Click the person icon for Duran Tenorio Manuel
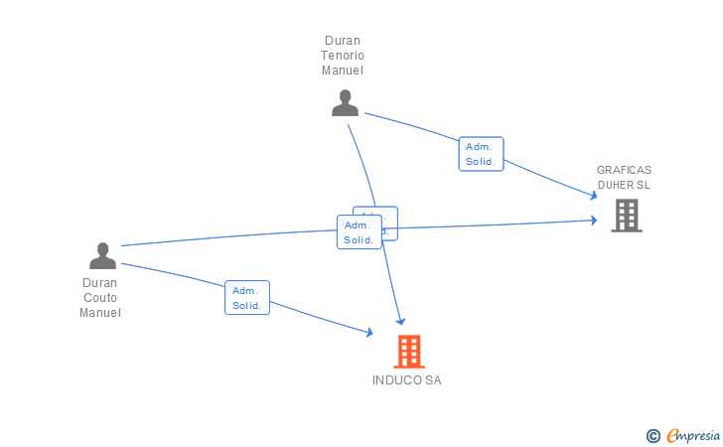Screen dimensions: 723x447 345,102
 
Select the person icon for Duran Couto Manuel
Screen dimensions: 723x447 102,255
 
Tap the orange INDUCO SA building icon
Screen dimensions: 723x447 408,351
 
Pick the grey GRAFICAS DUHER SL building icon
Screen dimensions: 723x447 626,215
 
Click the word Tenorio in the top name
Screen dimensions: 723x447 343,56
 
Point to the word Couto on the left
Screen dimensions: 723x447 100,297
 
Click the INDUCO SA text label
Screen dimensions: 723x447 407,380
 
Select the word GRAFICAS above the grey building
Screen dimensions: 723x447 624,170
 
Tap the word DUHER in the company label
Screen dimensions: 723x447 616,185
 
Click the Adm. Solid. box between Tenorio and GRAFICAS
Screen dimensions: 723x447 481,154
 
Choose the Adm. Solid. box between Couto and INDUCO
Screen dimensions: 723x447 246,298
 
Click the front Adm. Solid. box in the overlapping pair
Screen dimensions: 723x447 359,232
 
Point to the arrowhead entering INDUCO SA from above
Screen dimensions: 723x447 401,321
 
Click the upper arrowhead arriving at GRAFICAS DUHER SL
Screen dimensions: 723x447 593,195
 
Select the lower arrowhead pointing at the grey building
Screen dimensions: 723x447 594,221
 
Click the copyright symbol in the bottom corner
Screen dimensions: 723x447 652,435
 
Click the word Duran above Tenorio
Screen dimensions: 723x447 343,41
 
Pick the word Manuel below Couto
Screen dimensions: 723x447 100,313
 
